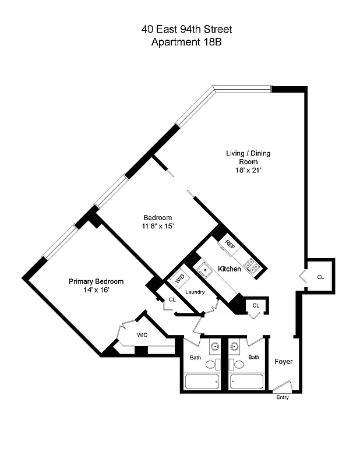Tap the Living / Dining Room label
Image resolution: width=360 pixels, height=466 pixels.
(x=248, y=157)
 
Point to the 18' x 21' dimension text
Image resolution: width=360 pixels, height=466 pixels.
(x=248, y=171)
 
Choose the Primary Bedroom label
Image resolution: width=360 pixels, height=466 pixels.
(x=96, y=281)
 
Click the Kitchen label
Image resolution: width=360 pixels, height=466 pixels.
(x=230, y=269)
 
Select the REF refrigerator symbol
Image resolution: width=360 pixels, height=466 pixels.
(x=230, y=244)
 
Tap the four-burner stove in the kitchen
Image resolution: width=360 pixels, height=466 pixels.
(x=252, y=266)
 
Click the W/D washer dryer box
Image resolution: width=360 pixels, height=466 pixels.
(x=180, y=278)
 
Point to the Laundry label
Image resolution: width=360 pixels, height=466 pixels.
(x=195, y=292)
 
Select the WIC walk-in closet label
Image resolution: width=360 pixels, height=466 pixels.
(x=142, y=335)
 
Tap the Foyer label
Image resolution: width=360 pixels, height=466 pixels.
(x=284, y=362)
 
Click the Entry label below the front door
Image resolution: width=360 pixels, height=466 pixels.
(x=283, y=397)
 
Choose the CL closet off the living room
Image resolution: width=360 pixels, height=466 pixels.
(x=320, y=277)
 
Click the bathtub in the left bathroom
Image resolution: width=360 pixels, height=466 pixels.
(x=202, y=382)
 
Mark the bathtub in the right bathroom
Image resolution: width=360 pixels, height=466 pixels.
(x=247, y=382)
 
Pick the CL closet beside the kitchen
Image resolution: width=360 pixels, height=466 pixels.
(x=255, y=305)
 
